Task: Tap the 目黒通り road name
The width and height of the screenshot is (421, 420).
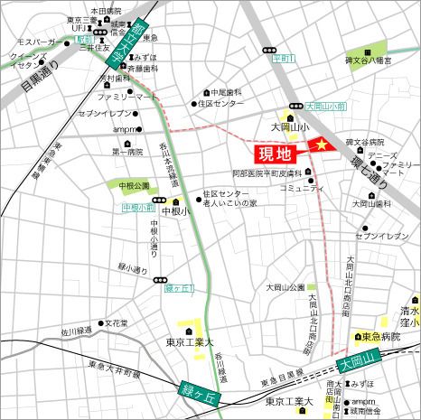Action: pos(36,79)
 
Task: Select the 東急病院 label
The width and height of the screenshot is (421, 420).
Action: pos(379,336)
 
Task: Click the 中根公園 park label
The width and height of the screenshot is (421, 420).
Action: pos(134,185)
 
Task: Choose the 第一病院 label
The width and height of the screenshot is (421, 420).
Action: pos(127,152)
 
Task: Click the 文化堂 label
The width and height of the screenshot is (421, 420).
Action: pos(116,322)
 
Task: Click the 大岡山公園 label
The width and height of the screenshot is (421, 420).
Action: pos(285,287)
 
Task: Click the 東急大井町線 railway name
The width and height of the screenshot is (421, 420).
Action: pos(108,368)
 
